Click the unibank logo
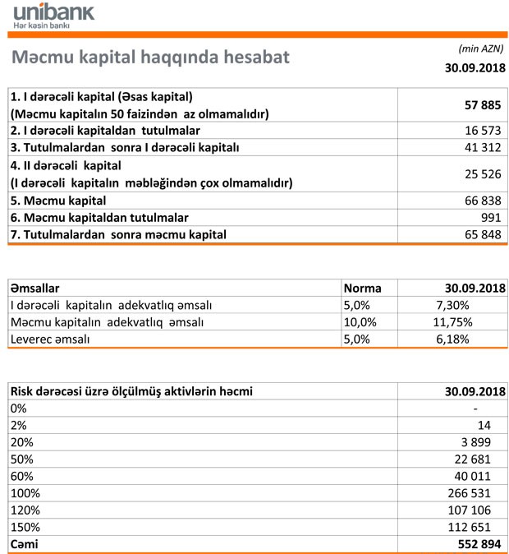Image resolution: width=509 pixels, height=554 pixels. (53, 16)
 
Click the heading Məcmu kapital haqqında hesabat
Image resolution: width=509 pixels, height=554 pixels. (149, 58)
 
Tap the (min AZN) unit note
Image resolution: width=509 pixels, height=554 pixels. (480, 48)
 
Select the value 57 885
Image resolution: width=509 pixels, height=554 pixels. (482, 105)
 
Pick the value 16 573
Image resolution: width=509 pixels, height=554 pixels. (484, 131)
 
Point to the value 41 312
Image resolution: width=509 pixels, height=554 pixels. (484, 147)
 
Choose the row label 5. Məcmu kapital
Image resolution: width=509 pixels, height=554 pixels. (58, 200)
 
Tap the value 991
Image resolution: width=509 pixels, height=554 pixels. (492, 217)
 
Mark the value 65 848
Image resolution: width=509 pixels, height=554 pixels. (484, 235)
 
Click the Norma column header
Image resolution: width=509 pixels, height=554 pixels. (363, 289)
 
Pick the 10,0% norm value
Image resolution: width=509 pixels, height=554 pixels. (360, 322)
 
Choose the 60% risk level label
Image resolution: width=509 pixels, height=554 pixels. (21, 475)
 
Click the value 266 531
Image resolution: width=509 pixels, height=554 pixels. (481, 492)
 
